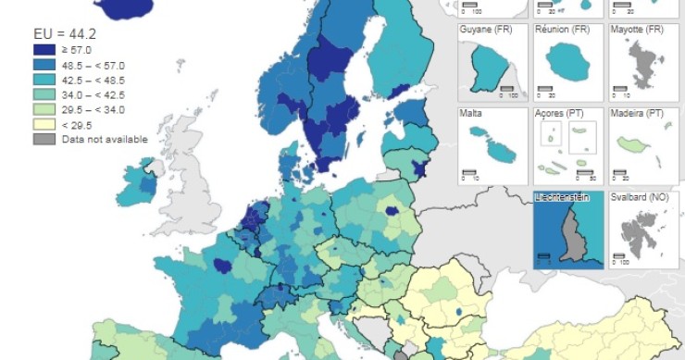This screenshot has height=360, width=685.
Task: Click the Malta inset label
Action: tap(472, 113)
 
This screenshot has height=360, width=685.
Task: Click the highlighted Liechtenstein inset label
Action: tap(564, 197)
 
